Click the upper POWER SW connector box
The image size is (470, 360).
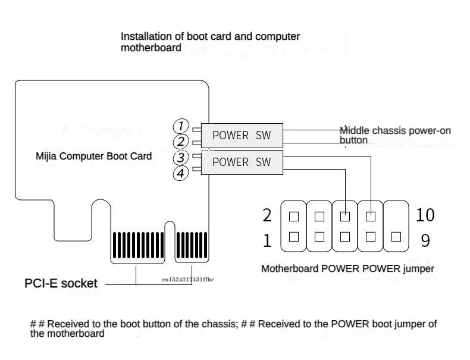click(x=242, y=135)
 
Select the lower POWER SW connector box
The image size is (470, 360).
click(x=242, y=162)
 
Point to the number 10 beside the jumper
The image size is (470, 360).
click(x=426, y=215)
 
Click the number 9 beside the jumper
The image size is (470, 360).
click(x=425, y=240)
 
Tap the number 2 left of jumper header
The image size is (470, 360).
click(x=267, y=215)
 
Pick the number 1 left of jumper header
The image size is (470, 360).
click(x=267, y=240)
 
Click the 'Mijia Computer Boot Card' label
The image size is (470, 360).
click(x=93, y=156)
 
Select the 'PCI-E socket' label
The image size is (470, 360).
click(x=61, y=283)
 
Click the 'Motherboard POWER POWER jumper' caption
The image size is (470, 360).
click(x=347, y=269)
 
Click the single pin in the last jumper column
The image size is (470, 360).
click(x=396, y=237)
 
